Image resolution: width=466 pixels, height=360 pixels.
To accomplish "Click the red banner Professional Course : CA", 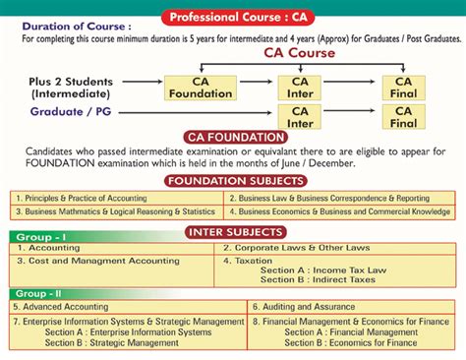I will [232, 17].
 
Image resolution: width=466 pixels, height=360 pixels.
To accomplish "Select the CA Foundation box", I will [201, 88].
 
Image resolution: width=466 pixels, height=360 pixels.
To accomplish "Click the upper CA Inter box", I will [300, 88].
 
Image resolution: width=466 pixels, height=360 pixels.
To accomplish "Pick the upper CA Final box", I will [403, 88].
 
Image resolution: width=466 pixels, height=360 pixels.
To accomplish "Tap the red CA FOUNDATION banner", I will [232, 138].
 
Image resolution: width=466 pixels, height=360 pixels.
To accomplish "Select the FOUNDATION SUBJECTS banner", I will [232, 182].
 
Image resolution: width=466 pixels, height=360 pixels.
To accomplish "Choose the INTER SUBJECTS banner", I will [232, 232].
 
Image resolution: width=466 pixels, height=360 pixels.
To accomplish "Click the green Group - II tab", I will [39, 294].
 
